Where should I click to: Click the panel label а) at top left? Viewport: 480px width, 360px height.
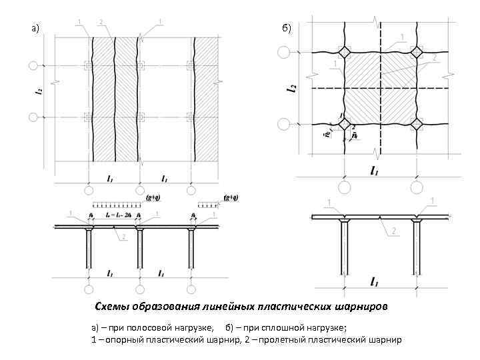point(35,29)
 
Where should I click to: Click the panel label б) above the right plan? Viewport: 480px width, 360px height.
point(287,27)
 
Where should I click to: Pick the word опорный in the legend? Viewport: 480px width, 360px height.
point(127,340)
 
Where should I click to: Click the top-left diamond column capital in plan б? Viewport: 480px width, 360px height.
point(345,52)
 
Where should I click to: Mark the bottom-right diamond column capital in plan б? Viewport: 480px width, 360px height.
point(417,123)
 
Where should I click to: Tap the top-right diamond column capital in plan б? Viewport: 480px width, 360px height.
point(417,52)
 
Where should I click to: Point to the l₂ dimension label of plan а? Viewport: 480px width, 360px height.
point(38,93)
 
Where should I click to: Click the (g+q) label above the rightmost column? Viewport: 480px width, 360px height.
point(231,198)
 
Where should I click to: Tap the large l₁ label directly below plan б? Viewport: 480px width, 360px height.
point(375,171)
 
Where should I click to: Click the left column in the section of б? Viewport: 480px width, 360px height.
point(345,247)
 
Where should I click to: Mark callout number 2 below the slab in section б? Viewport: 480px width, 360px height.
point(393,230)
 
